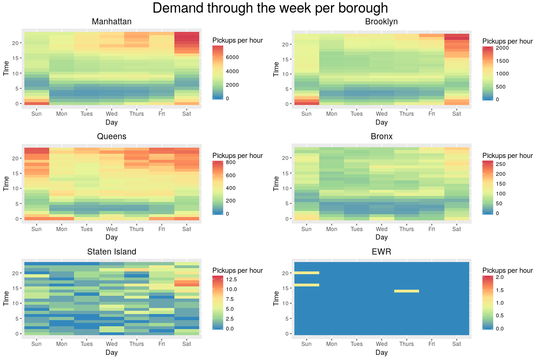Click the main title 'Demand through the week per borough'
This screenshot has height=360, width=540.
[270, 8]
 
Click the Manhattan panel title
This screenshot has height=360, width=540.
[112, 22]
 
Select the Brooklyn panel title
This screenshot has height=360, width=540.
[381, 22]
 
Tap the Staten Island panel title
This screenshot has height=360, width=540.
[112, 252]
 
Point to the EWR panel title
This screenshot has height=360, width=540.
[381, 252]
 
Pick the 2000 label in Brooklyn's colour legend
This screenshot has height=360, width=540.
[502, 48]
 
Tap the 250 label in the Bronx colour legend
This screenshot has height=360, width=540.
[501, 164]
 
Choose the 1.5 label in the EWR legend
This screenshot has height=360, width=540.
[499, 291]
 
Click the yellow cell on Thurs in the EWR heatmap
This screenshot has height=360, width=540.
[406, 291]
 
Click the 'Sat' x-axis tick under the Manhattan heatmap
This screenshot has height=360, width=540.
[187, 114]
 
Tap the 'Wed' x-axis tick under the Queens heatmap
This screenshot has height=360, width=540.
[112, 229]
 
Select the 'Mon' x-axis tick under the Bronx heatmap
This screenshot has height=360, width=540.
[331, 229]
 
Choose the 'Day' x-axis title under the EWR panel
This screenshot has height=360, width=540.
[381, 352]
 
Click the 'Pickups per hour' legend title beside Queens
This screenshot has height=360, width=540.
[237, 156]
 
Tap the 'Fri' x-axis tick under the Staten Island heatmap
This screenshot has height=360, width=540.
[162, 344]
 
